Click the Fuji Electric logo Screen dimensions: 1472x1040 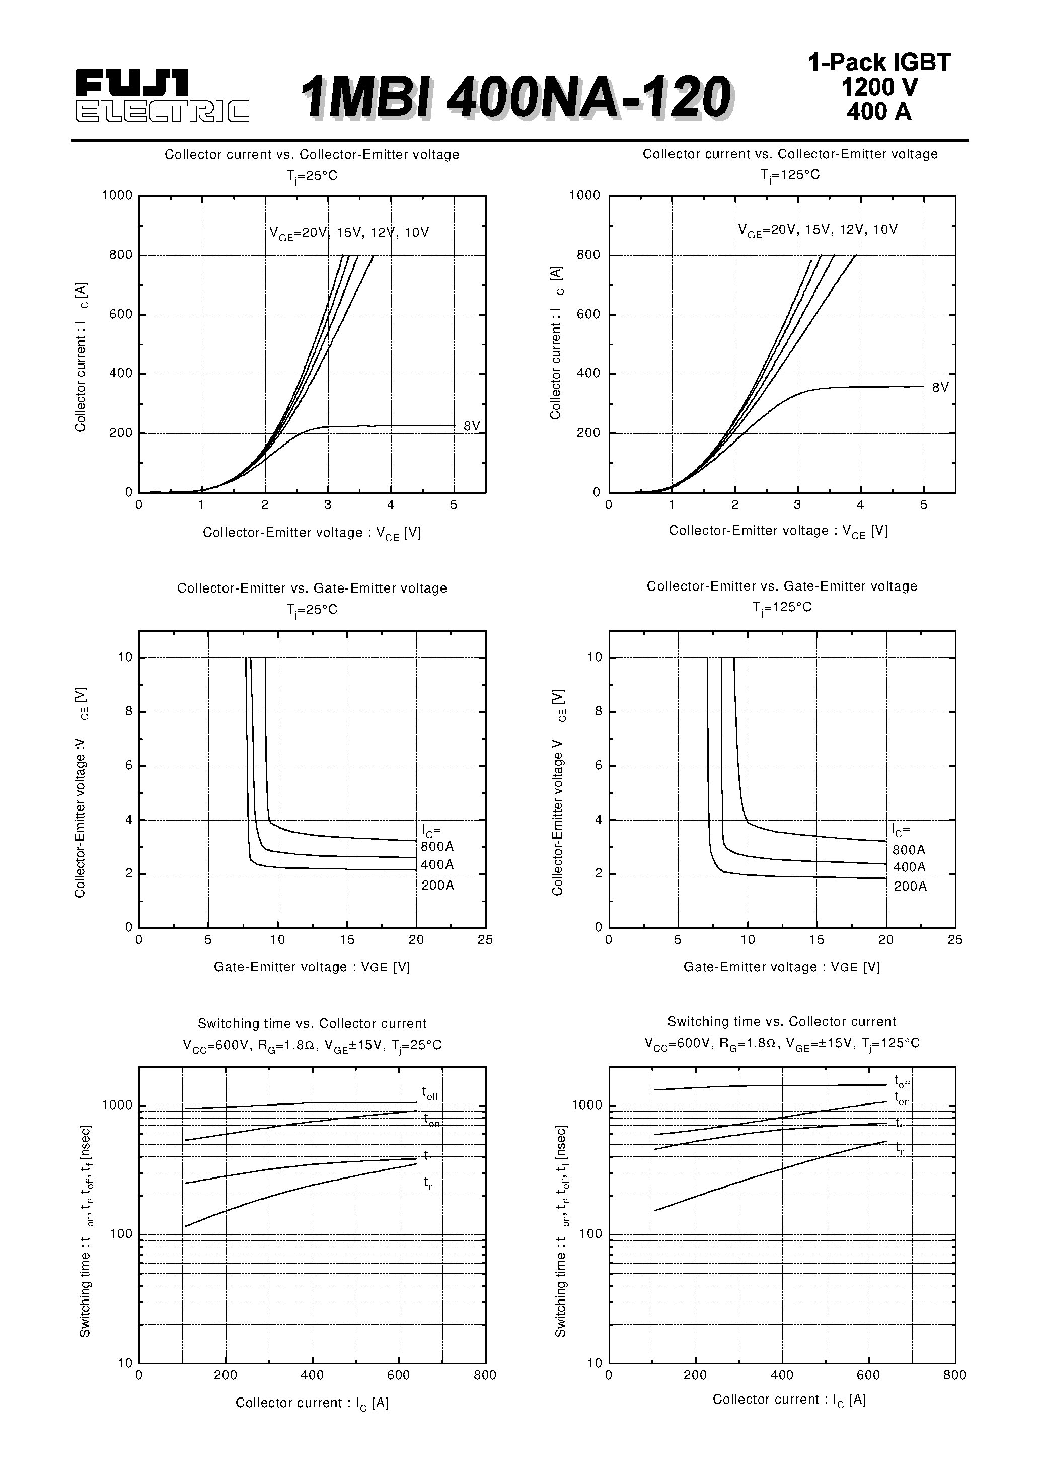(162, 96)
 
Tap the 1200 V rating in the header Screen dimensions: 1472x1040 (879, 87)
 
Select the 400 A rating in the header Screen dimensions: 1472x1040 (878, 112)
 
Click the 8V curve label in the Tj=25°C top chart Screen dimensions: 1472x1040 (471, 426)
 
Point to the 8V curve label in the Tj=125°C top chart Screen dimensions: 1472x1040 (940, 387)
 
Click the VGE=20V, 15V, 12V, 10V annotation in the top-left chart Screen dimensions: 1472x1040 (349, 233)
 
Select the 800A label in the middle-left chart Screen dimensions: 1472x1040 (436, 847)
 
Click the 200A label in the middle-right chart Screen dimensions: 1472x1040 (910, 887)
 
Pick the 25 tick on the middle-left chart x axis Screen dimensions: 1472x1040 (485, 940)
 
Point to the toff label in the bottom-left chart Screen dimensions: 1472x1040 (429, 1092)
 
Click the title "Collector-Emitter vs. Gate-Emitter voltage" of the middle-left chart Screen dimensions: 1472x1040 (312, 588)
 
